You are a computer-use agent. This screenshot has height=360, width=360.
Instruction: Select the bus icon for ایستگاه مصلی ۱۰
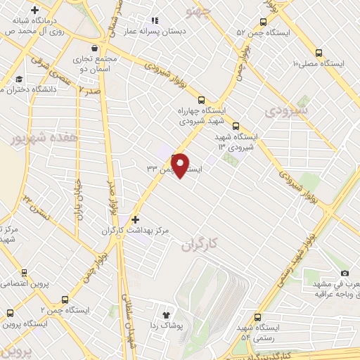pos(319,53)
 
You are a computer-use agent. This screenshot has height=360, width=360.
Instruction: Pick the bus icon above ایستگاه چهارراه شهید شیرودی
pos(202,100)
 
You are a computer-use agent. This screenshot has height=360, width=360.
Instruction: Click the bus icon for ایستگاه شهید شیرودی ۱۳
pos(236,127)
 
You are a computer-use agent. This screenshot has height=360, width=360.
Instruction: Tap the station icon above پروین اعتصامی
pos(25,273)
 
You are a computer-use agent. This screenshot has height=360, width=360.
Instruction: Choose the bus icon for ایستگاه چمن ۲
pos(65,299)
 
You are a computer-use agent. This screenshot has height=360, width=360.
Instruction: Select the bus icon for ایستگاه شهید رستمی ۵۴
pos(257,317)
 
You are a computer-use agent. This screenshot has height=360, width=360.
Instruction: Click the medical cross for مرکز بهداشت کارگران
pos(136,219)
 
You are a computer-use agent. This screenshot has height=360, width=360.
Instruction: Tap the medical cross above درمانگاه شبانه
pos(34,10)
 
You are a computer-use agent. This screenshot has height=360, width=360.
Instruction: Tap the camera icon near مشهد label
pos(344,274)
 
